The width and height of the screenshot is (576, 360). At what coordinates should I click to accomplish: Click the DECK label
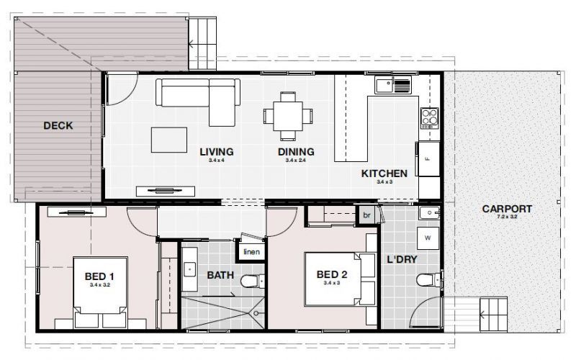click(58, 126)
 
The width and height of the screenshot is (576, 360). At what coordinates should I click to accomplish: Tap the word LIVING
click(216, 152)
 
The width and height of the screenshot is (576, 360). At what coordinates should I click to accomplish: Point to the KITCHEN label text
click(384, 174)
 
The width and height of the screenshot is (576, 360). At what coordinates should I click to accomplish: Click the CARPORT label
click(507, 210)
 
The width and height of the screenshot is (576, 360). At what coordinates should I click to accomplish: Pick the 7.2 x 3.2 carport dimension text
click(507, 217)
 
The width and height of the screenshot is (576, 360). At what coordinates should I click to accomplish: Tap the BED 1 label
click(99, 276)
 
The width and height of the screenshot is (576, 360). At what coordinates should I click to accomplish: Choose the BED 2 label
click(333, 274)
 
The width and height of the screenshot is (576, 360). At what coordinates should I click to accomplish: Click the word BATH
click(220, 275)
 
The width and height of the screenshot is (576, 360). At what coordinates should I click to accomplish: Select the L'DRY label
click(402, 258)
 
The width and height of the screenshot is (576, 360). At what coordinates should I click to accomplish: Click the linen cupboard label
click(251, 252)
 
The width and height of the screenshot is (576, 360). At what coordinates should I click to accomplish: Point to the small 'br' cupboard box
click(366, 215)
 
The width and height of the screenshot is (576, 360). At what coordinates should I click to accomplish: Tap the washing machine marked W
click(428, 237)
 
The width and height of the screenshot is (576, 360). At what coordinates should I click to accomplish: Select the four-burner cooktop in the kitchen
click(430, 117)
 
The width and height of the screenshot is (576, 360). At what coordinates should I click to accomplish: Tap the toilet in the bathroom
click(248, 282)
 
